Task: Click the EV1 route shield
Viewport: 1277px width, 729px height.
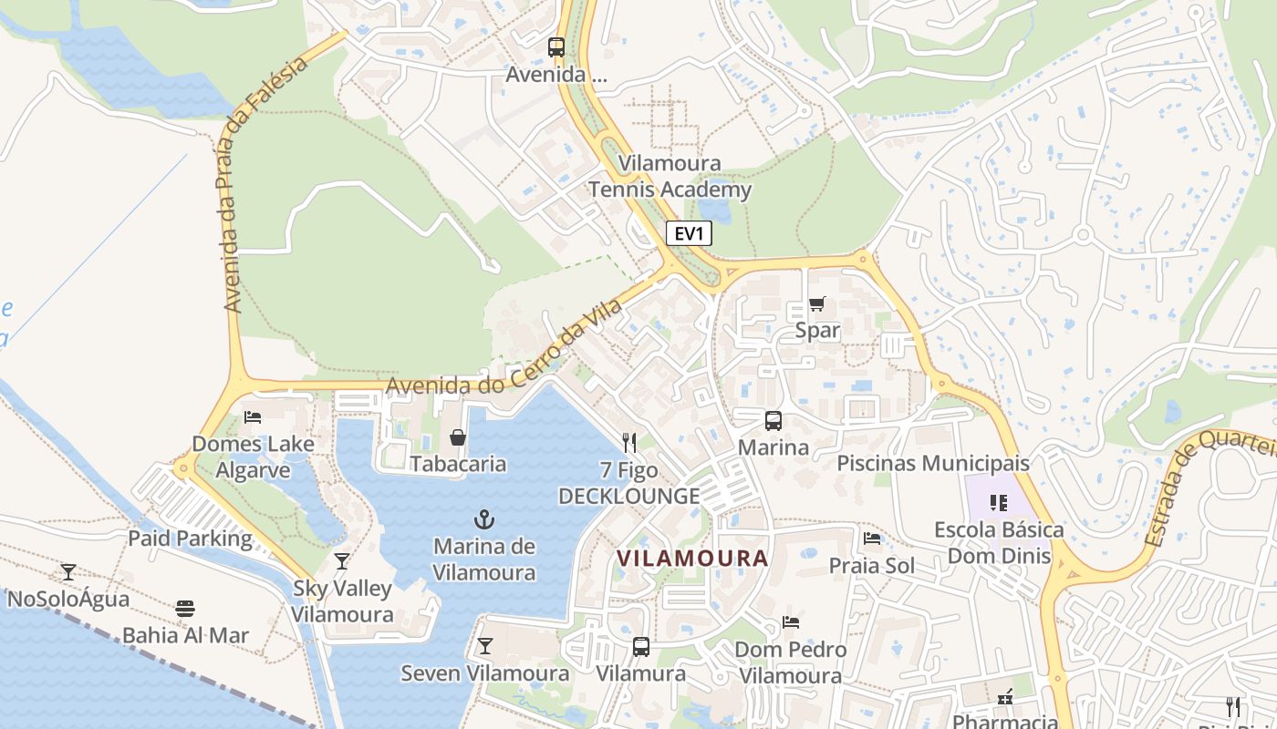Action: pos(689,233)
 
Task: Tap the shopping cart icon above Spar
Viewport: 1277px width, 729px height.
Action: pos(816,304)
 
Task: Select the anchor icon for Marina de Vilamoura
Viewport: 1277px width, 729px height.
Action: pos(484,520)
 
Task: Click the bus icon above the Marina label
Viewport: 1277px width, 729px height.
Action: pos(773,421)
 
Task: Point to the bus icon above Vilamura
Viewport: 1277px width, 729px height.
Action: pos(641,647)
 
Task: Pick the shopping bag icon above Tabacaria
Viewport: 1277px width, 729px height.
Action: pos(458,438)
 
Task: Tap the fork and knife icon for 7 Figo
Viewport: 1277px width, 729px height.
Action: pos(628,443)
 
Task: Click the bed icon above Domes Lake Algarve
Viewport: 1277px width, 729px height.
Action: pos(253,417)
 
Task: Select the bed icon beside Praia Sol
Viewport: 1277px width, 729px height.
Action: pos(872,539)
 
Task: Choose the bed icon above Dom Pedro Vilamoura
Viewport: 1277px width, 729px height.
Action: pos(791,622)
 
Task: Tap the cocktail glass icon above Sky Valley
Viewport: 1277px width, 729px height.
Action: pos(342,561)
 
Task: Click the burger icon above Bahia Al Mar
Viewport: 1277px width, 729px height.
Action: pos(185,609)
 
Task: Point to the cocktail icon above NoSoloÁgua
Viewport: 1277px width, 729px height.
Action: pos(68,572)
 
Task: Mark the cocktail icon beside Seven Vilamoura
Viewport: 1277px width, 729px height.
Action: pos(484,646)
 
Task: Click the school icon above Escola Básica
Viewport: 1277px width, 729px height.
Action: pos(999,503)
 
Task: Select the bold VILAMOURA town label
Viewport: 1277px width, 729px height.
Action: pos(692,558)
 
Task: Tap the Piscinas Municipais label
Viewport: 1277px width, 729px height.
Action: pos(933,463)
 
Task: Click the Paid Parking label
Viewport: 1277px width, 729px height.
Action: pos(190,538)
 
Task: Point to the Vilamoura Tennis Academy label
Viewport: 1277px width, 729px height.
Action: pos(670,177)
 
